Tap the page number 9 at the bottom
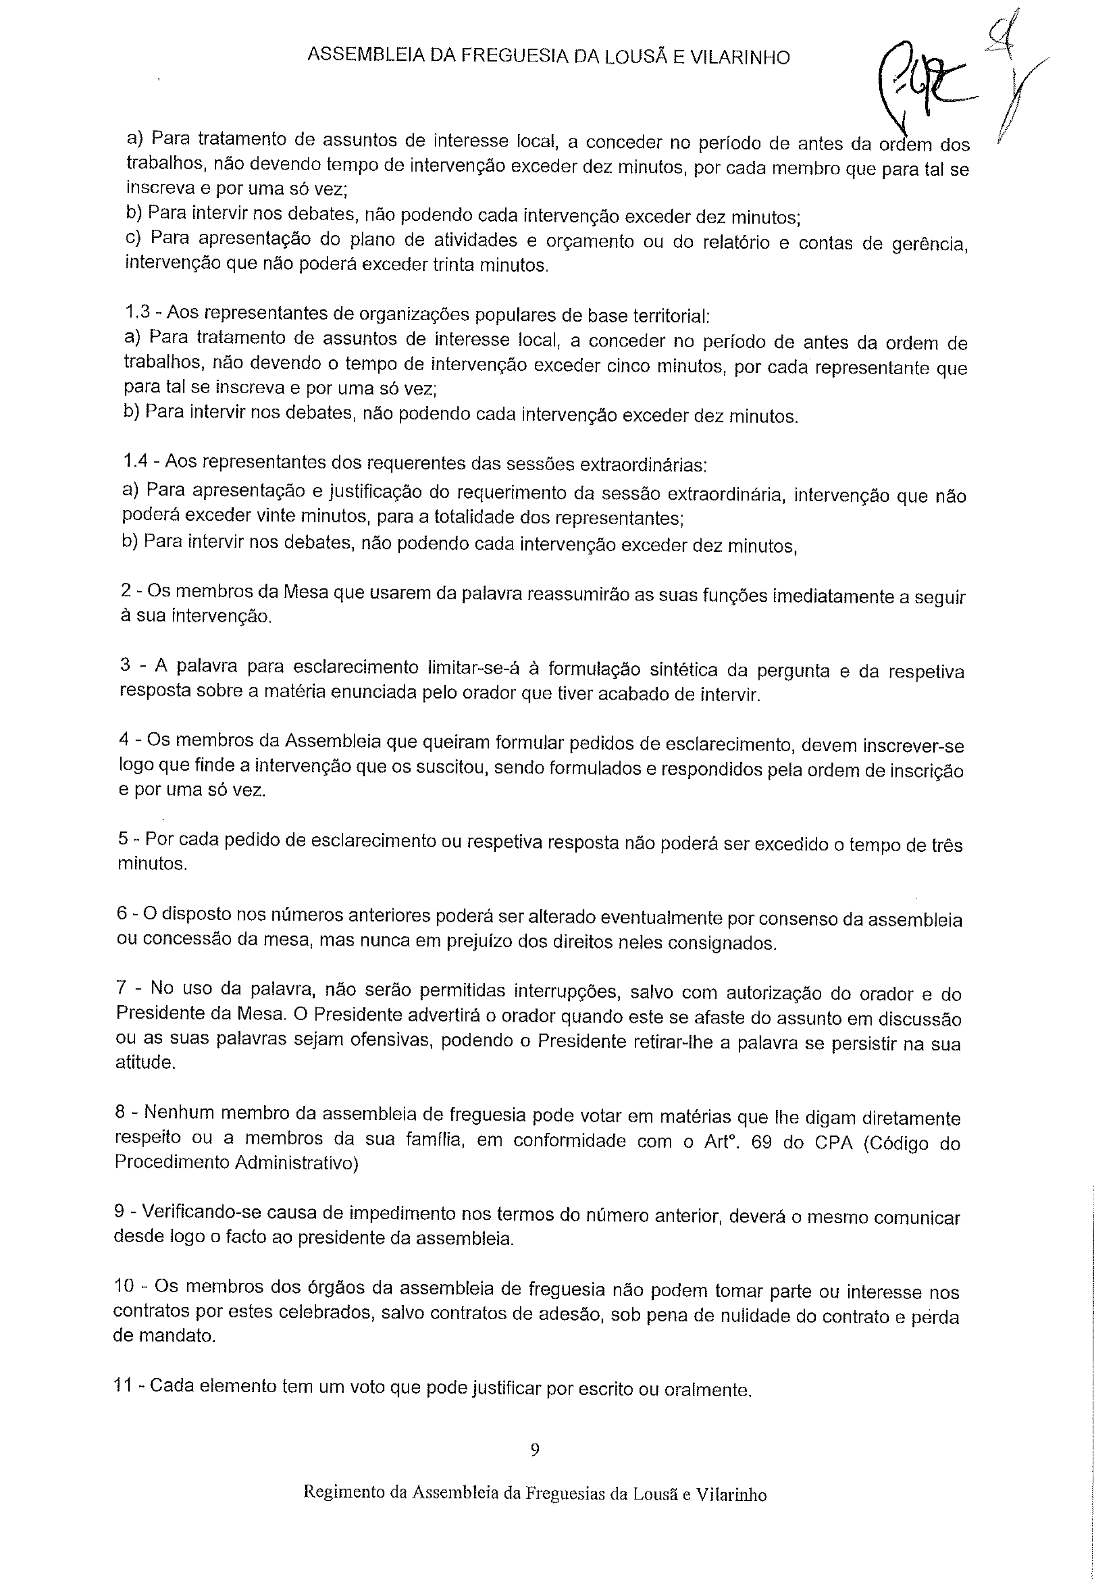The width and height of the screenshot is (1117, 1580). click(535, 1450)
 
